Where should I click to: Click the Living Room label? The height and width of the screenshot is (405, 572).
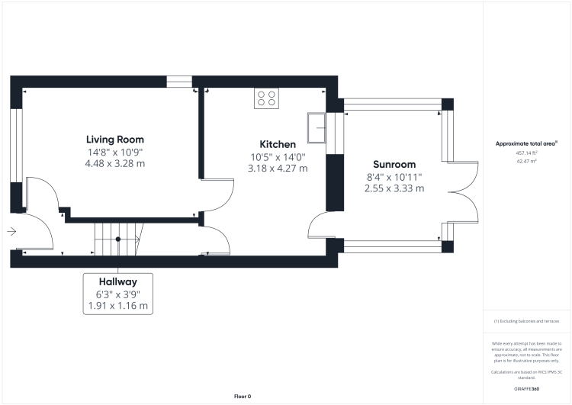(x=114, y=140)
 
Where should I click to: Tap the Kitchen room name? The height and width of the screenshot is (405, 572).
(x=278, y=144)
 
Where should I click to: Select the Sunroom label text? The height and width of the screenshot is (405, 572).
(x=394, y=165)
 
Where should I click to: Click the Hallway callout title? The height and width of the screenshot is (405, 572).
(x=117, y=281)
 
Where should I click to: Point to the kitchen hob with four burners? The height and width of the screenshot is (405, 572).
(x=267, y=98)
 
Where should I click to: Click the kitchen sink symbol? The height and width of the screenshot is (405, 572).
(x=316, y=127)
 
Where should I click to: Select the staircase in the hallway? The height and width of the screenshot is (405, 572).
(x=118, y=239)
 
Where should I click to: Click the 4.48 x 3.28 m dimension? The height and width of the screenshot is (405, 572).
(x=114, y=163)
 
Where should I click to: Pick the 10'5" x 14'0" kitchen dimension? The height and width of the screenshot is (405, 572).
(x=278, y=156)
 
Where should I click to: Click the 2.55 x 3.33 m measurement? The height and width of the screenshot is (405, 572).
(x=394, y=188)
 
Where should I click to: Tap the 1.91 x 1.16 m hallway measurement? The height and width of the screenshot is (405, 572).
(x=117, y=306)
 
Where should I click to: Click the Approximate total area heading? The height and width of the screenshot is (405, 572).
(x=526, y=143)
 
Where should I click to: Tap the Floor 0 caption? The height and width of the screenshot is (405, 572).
(x=243, y=397)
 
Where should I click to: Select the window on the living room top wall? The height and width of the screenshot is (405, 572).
(x=179, y=82)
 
